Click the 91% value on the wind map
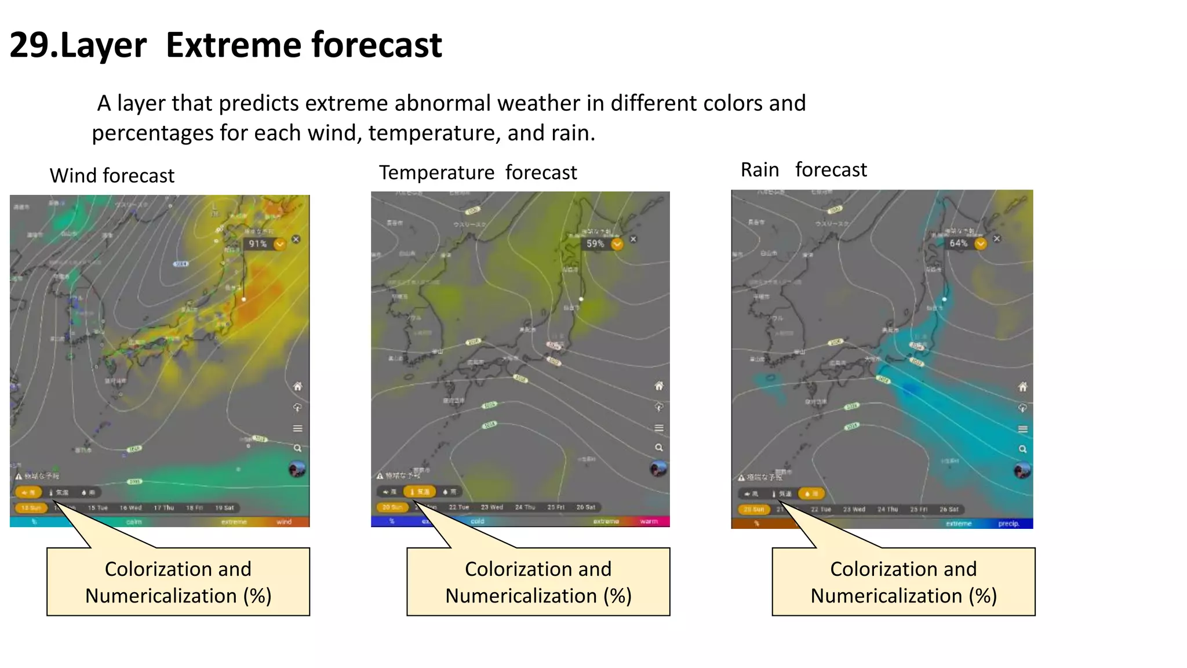pos(258,244)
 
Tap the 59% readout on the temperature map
pos(595,244)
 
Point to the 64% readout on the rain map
pos(959,244)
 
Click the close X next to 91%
pos(296,239)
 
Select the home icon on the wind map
pos(297,387)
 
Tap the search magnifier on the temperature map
pos(659,448)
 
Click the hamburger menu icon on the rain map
pos(1023,429)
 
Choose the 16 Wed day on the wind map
pos(131,508)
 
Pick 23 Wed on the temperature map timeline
pos(492,507)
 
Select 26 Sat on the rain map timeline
pos(949,510)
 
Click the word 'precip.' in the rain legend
pos(1008,524)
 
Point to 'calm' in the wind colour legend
pos(134,522)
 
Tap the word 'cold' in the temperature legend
pos(477,521)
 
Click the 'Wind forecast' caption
pos(112,176)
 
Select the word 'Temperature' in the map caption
pos(436,173)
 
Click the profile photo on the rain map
pos(1022,470)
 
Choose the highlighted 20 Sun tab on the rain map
pos(754,510)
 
